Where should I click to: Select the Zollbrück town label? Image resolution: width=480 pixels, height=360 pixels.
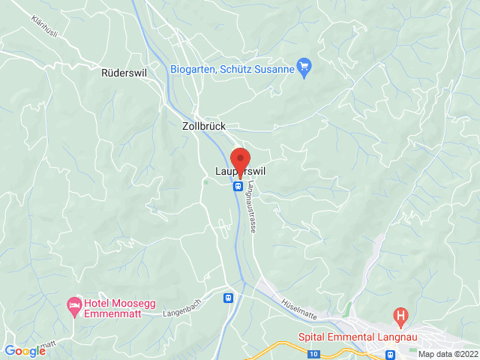pyautogui.click(x=204, y=127)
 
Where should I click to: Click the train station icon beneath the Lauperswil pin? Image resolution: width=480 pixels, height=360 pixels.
pyautogui.click(x=238, y=186)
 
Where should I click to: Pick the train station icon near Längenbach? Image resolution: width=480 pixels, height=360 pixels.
pyautogui.click(x=227, y=298)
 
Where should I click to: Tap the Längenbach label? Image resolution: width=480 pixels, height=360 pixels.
pyautogui.click(x=181, y=312)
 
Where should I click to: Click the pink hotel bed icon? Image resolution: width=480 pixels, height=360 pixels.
pyautogui.click(x=73, y=305)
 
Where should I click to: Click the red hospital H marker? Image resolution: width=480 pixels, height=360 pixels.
pyautogui.click(x=401, y=316)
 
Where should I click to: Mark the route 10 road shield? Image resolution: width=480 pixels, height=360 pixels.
pyautogui.click(x=313, y=352)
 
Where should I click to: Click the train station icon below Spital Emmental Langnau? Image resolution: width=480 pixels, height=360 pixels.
pyautogui.click(x=390, y=354)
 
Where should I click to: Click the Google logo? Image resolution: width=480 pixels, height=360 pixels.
pyautogui.click(x=25, y=351)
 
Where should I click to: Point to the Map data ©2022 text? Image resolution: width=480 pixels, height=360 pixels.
pyautogui.click(x=447, y=354)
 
